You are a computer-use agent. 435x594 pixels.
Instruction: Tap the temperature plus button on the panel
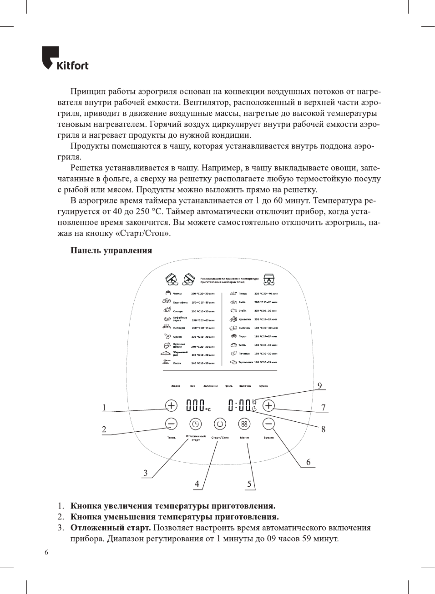[x=171, y=405]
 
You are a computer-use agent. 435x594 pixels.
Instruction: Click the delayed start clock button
[x=195, y=424]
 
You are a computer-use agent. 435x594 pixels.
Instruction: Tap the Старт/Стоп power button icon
[x=220, y=424]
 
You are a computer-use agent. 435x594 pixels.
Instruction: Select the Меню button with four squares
[x=244, y=424]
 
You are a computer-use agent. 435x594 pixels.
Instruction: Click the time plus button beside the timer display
[x=269, y=405]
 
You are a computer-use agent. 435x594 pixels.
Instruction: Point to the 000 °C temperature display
[x=198, y=405]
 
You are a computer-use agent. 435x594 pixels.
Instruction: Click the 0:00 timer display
[x=239, y=405]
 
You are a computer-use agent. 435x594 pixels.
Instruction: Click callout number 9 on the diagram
[x=320, y=385]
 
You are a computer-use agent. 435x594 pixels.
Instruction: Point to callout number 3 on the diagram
[x=146, y=473]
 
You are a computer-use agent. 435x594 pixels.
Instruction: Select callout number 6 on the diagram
[x=309, y=462]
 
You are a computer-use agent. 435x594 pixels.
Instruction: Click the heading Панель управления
[x=111, y=250]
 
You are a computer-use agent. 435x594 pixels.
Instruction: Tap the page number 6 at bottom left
[x=46, y=552]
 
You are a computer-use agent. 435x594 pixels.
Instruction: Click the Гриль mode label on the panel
[x=228, y=386]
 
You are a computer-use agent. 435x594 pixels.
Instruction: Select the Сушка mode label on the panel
[x=263, y=386]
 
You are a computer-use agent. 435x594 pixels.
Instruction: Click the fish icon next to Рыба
[x=233, y=302]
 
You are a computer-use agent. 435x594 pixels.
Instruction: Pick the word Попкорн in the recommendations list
[x=179, y=328]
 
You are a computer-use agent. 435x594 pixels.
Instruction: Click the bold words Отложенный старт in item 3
[x=111, y=528]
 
